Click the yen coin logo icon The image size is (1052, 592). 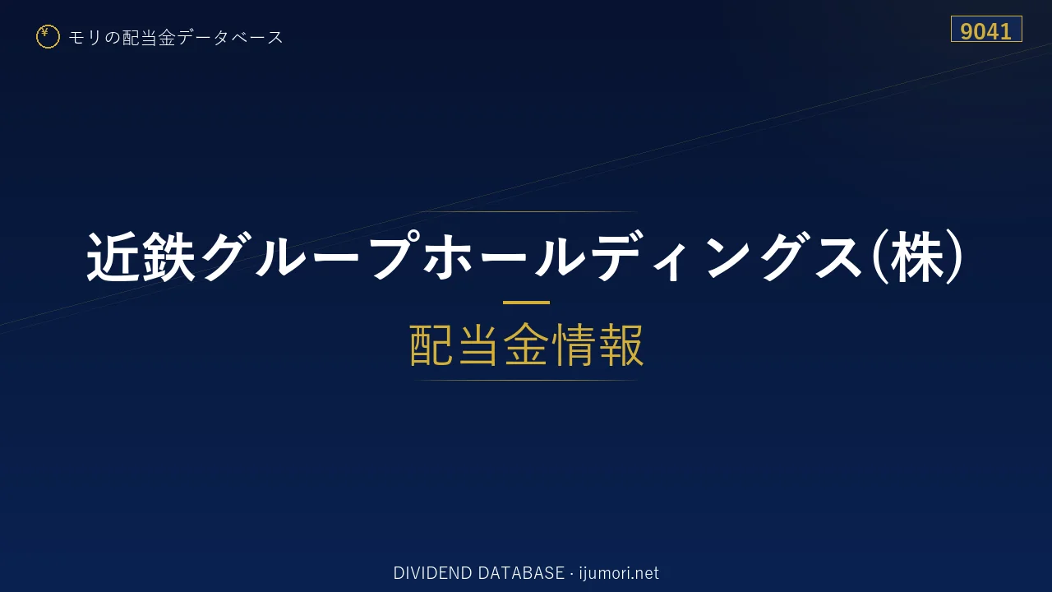(x=48, y=37)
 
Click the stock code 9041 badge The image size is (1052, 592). (x=986, y=29)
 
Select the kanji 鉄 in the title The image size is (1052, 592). (x=168, y=257)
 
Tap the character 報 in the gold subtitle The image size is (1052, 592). (x=621, y=345)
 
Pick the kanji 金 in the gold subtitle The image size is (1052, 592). (x=526, y=345)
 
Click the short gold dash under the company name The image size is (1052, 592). (x=526, y=303)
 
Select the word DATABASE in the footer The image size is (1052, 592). (x=521, y=573)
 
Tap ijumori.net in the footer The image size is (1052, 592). (x=619, y=573)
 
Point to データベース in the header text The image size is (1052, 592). (x=230, y=38)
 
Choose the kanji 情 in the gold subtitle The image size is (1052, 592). (x=574, y=345)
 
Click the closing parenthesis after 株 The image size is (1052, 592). (x=955, y=257)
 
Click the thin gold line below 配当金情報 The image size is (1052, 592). (x=526, y=380)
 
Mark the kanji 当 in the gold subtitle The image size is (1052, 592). (x=478, y=345)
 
